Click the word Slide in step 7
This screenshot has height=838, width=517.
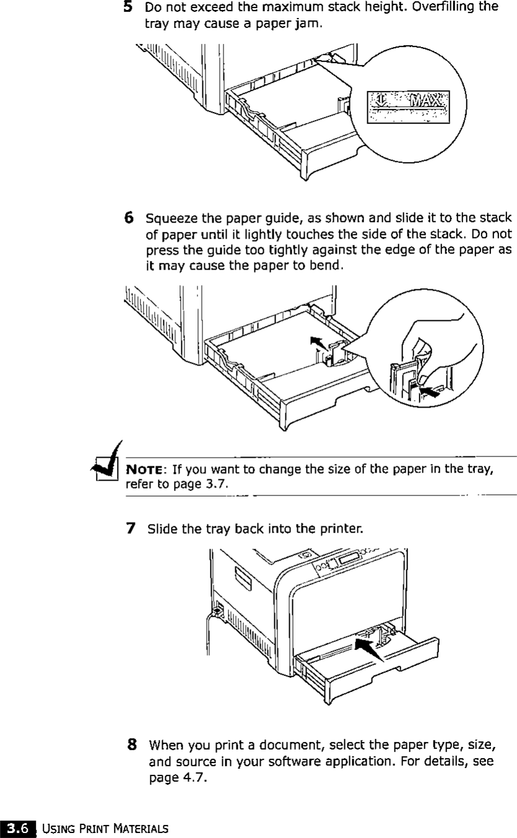[159, 530]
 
